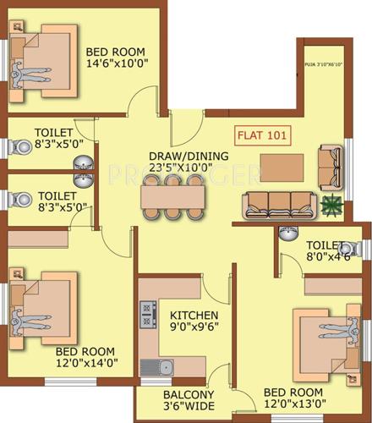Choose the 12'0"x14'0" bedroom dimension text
coord(86,363)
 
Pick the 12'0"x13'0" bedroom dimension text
coord(293,405)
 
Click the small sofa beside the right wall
coord(331,161)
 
